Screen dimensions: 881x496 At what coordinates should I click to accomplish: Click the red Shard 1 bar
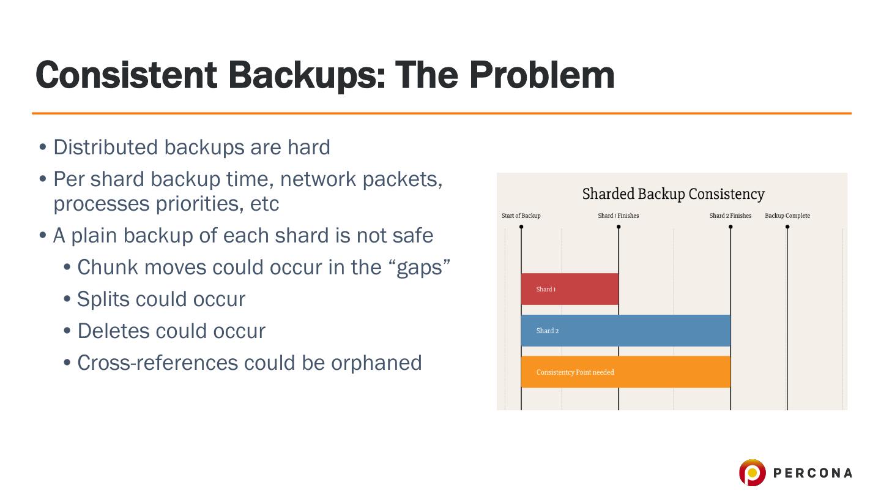pyautogui.click(x=570, y=289)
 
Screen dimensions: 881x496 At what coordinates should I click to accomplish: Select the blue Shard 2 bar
pyautogui.click(x=625, y=331)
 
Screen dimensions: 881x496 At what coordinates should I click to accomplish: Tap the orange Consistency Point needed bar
pyautogui.click(x=625, y=372)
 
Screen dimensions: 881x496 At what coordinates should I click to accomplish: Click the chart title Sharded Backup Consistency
pyautogui.click(x=673, y=194)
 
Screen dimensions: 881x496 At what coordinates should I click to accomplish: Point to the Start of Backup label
pyautogui.click(x=521, y=216)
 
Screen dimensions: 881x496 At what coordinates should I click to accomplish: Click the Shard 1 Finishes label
pyautogui.click(x=618, y=216)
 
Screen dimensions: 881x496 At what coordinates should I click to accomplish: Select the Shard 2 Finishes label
pyautogui.click(x=730, y=216)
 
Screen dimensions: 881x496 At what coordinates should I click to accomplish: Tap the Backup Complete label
pyautogui.click(x=787, y=216)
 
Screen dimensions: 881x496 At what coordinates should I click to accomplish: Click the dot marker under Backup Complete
pyautogui.click(x=787, y=227)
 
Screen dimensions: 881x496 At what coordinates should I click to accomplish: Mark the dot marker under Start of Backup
pyautogui.click(x=521, y=227)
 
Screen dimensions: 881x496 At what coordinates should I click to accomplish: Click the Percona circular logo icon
pyautogui.click(x=752, y=473)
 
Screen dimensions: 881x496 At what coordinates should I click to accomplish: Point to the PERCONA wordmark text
pyautogui.click(x=812, y=473)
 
